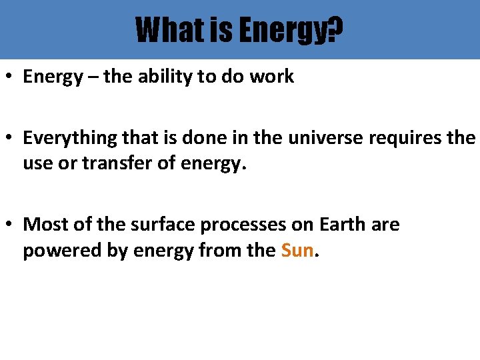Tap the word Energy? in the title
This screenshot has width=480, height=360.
click(291, 30)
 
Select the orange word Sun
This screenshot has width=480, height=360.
click(297, 251)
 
